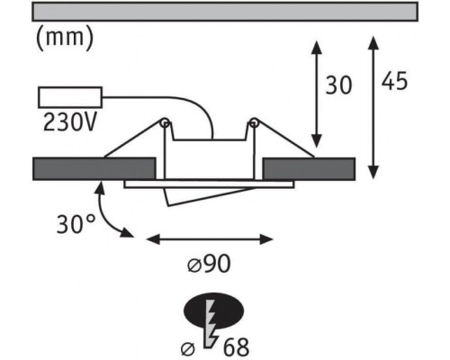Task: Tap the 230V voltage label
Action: pyautogui.click(x=70, y=122)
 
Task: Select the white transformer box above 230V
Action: pyautogui.click(x=70, y=97)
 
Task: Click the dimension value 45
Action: pyautogui.click(x=394, y=81)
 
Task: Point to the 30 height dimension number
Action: pyautogui.click(x=338, y=85)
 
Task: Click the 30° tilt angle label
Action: pyautogui.click(x=76, y=224)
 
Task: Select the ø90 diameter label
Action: pyautogui.click(x=209, y=264)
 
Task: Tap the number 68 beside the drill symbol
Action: pyautogui.click(x=236, y=347)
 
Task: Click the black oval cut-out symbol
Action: pyautogui.click(x=213, y=310)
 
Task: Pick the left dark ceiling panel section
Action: pyautogui.click(x=94, y=168)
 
